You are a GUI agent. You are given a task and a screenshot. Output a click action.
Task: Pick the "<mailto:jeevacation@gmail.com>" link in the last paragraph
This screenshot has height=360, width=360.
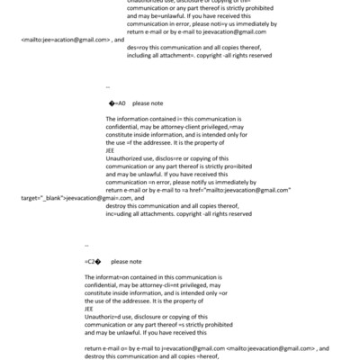(x=272, y=346)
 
